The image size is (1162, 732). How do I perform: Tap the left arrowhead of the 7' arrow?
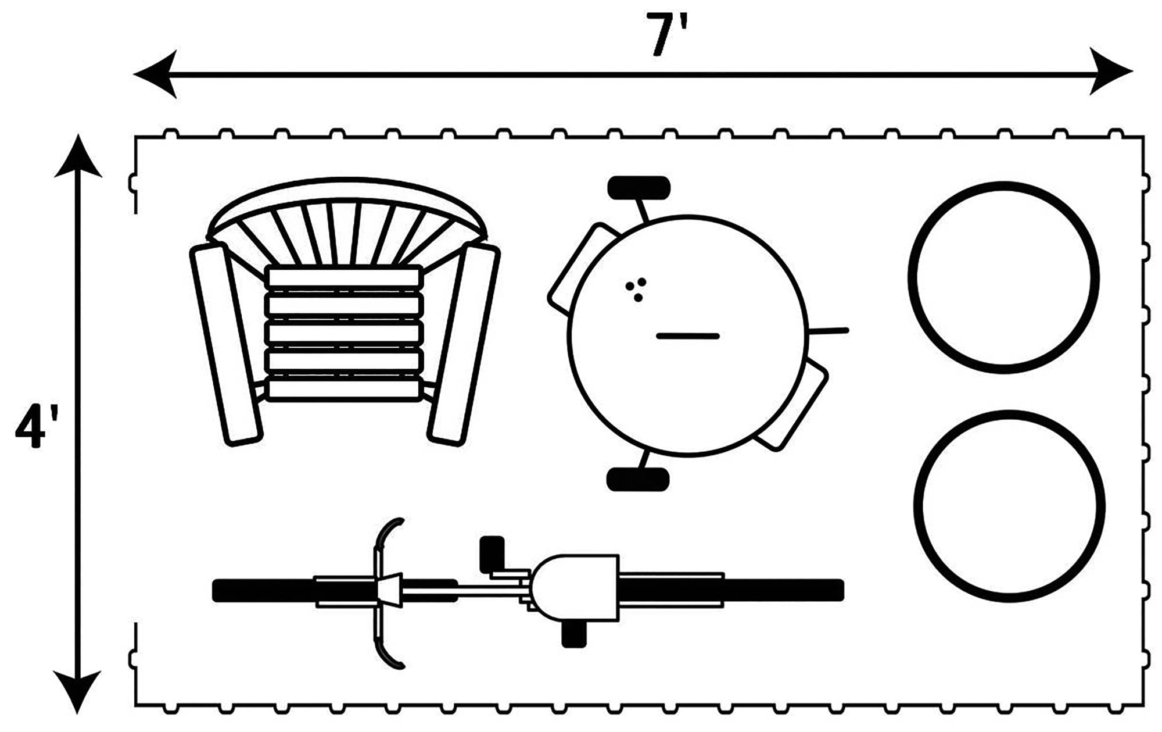[156, 74]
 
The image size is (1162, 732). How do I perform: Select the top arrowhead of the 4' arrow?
[78, 156]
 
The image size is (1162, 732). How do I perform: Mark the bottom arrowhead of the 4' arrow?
[77, 692]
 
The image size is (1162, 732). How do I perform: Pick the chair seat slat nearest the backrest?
[344, 277]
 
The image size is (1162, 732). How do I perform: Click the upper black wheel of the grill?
[639, 188]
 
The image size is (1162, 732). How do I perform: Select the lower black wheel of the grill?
[638, 479]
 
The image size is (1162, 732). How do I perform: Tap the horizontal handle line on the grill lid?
[688, 336]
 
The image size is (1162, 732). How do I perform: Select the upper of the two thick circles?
[1003, 277]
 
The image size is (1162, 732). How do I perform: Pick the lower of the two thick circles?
[1010, 506]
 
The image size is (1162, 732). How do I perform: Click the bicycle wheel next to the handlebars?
[334, 590]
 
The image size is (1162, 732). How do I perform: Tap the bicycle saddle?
[575, 587]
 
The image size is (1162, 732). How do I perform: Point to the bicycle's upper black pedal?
[492, 554]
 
